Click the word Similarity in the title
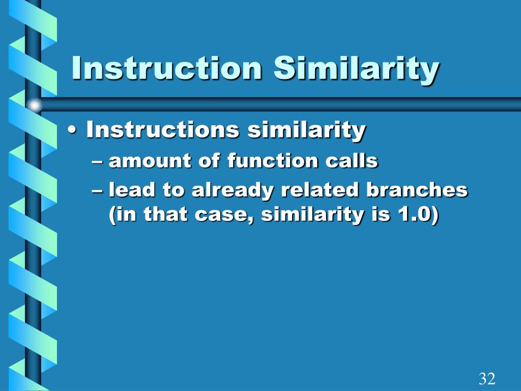(x=357, y=69)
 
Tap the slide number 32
(x=487, y=378)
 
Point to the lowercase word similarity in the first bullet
(x=306, y=130)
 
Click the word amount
(x=150, y=161)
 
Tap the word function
(x=273, y=160)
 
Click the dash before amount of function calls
(x=97, y=162)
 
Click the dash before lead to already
(x=97, y=190)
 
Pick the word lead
(x=132, y=189)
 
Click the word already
(x=232, y=191)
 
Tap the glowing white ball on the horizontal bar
(x=34, y=105)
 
